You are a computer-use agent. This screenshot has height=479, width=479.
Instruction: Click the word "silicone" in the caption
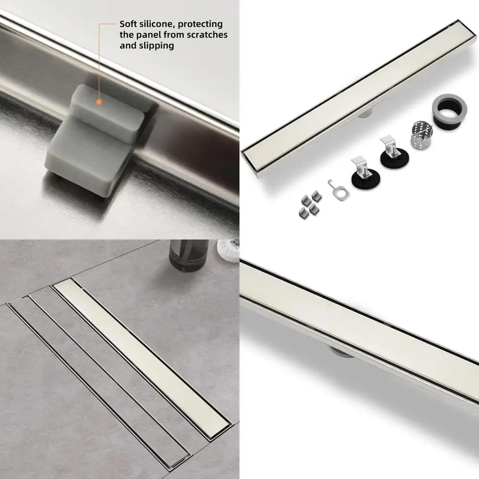155,24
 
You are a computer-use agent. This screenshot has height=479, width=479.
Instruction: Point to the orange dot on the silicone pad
99,102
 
